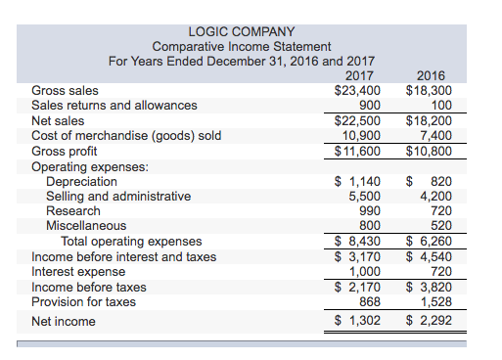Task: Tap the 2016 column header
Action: point(431,75)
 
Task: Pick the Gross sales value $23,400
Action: point(357,90)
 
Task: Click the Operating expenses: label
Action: point(90,167)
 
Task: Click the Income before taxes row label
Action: point(89,288)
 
